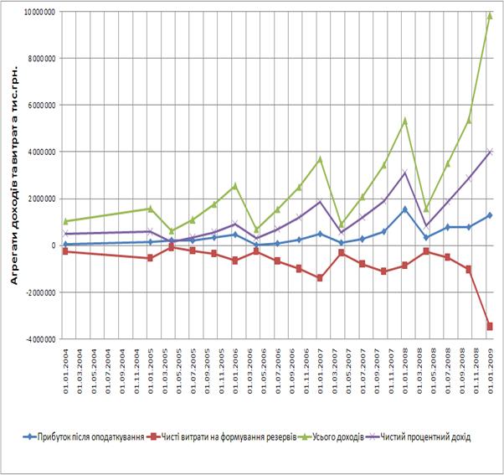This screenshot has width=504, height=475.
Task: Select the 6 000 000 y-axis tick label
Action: (x=38, y=106)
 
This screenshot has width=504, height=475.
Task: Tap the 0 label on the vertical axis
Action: (x=53, y=245)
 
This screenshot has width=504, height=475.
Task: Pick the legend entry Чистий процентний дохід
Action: (x=425, y=436)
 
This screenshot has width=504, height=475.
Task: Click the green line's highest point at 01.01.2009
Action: (x=490, y=15)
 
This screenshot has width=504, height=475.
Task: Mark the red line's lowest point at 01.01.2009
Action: (x=490, y=326)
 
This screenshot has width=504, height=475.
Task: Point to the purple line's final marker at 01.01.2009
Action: (x=490, y=152)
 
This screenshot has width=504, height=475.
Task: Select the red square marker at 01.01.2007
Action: (x=319, y=277)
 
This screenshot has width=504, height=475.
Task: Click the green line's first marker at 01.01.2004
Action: (x=65, y=221)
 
